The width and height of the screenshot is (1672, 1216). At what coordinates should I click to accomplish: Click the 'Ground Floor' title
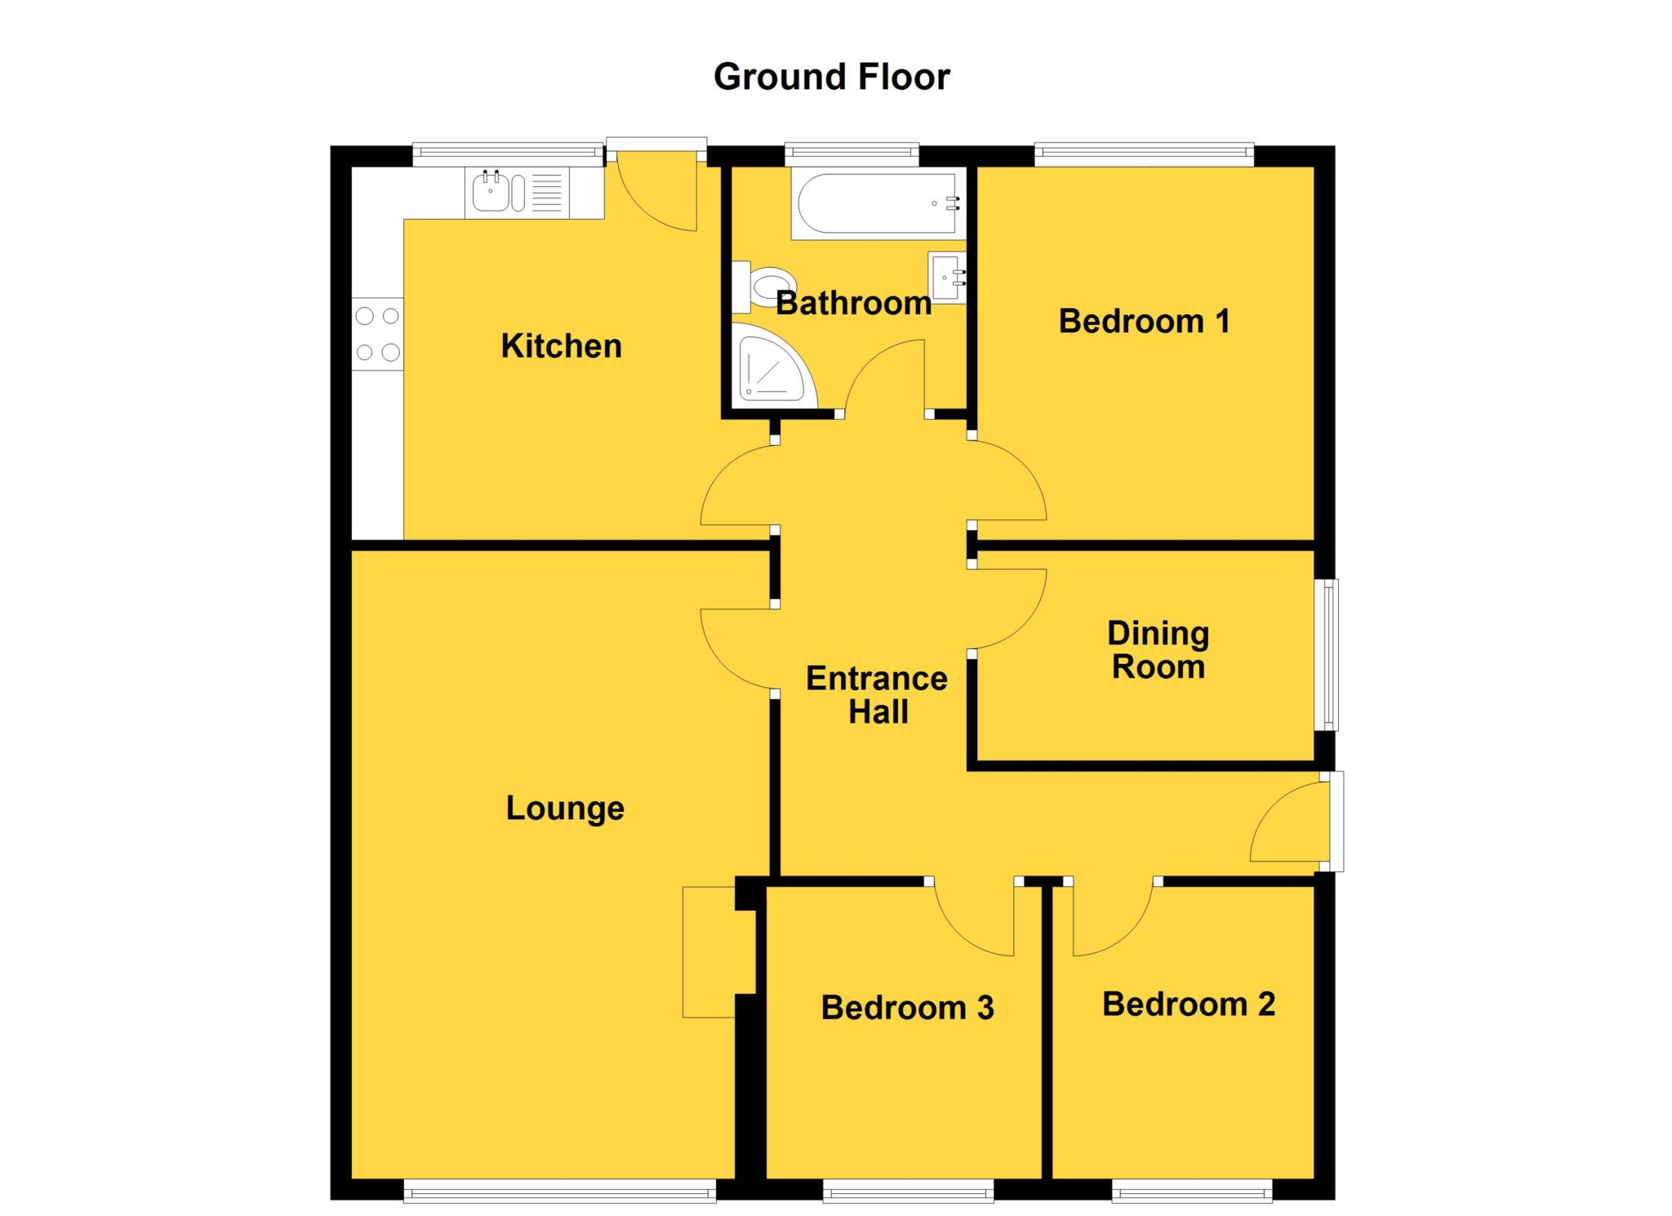tap(831, 77)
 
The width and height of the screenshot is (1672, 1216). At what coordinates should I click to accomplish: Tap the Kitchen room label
tap(561, 345)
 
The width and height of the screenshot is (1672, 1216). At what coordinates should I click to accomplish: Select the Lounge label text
tap(565, 808)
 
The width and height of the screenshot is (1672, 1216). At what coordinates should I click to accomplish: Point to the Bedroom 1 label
tap(1144, 321)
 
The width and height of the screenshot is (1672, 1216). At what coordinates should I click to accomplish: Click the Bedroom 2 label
tap(1188, 1004)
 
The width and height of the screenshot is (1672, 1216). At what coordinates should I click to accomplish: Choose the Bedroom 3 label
tap(907, 1007)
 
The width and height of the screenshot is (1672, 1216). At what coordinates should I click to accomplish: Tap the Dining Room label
tap(1158, 650)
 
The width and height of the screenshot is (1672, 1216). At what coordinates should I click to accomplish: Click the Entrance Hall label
tap(877, 695)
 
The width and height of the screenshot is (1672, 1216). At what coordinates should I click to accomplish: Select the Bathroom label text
tap(853, 303)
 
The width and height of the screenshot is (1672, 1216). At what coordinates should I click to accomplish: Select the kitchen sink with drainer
tap(517, 193)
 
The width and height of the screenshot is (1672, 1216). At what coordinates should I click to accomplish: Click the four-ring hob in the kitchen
tap(377, 333)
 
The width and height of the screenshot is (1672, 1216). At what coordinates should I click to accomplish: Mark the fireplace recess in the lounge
tap(709, 951)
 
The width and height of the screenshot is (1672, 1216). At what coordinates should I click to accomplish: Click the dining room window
tap(1331, 654)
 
